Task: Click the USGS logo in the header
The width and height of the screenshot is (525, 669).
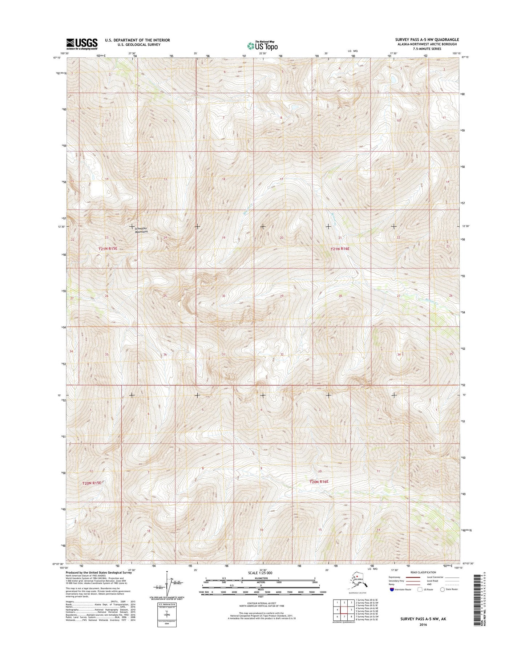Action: (82, 44)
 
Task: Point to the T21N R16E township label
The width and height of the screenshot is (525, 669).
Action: (339, 249)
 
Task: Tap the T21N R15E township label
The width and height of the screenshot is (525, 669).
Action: (108, 249)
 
